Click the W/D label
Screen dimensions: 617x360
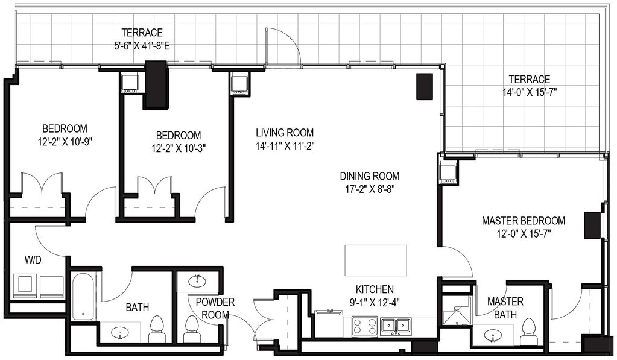[33, 260]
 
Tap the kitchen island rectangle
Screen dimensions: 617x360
[376, 261]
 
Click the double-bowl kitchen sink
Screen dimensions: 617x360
[396, 326]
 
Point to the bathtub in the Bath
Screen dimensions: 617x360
[83, 297]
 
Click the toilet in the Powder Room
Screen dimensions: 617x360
[192, 329]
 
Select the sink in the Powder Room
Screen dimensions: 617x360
[196, 282]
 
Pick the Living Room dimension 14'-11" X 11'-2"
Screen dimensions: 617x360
[285, 146]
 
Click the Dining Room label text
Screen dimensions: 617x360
[370, 176]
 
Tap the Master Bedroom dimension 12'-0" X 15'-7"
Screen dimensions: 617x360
[524, 234]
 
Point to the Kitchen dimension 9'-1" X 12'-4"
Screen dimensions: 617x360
[375, 303]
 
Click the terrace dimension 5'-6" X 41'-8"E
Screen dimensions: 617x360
[142, 46]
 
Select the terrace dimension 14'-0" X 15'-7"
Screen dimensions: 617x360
[530, 92]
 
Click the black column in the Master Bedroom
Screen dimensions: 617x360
[592, 226]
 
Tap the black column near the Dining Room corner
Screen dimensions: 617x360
[425, 87]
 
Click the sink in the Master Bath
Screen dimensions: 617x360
[492, 336]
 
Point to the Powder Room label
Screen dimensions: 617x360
[215, 309]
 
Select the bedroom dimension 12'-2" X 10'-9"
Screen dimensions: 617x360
[65, 141]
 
